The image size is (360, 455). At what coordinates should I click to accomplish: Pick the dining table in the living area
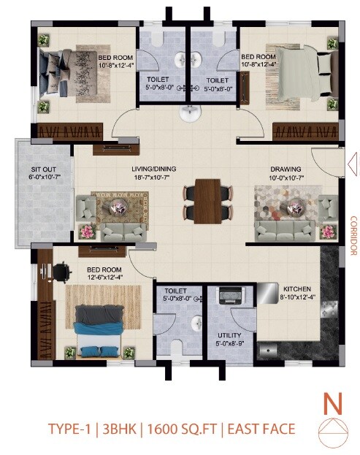coord(210,200)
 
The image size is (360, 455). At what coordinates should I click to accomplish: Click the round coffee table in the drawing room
coord(296,206)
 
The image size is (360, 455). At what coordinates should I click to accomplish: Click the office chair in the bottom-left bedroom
coord(60,269)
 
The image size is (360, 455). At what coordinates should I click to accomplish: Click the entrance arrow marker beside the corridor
coord(352,161)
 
